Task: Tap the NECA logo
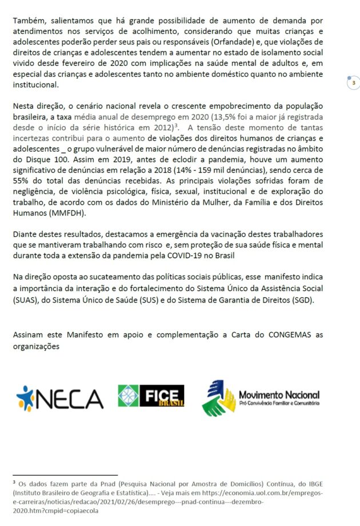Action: point(59,398)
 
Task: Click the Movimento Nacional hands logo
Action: point(219,398)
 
